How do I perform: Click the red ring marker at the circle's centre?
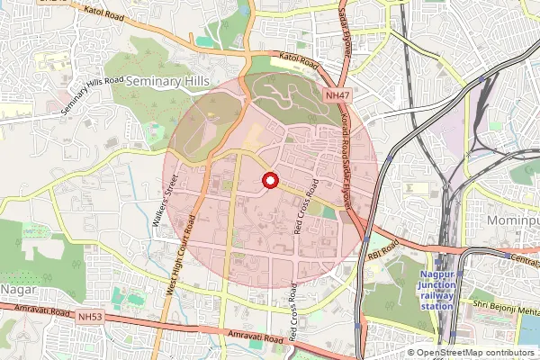click(x=269, y=182)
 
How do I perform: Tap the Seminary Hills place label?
click(x=168, y=81)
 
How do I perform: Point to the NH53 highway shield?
click(x=91, y=317)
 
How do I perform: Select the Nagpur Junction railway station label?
click(x=438, y=294)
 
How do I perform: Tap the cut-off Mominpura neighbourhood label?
click(x=512, y=220)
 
